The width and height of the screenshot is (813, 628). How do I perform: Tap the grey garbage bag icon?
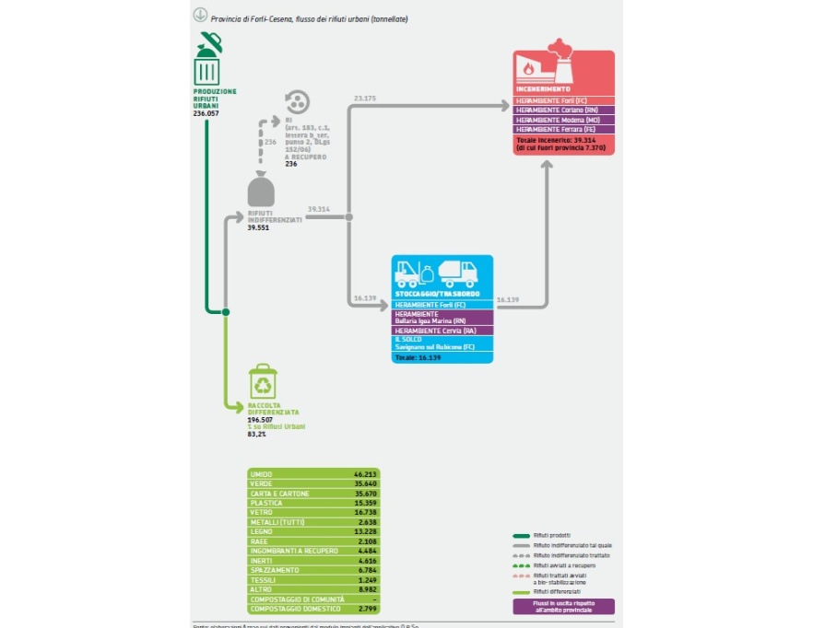261,190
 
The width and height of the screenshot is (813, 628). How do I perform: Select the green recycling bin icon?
263,382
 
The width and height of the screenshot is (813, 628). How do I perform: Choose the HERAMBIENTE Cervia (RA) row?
442,330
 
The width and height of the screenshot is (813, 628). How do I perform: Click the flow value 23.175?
365,98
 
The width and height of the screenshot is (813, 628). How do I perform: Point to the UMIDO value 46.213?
366,473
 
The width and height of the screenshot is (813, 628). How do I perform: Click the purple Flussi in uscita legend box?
561,606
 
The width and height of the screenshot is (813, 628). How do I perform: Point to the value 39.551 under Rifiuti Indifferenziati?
259,227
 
